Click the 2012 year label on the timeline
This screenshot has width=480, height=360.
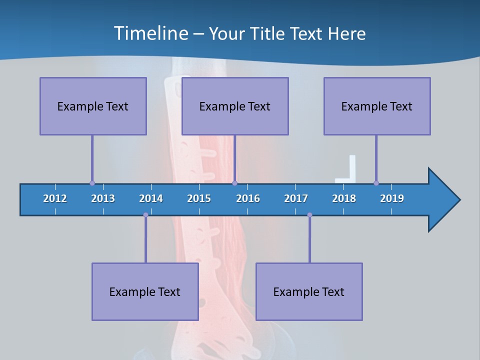tap(55, 198)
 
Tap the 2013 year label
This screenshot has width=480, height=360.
tap(103, 198)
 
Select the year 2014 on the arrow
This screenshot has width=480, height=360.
tap(151, 198)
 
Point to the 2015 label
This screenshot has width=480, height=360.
tap(199, 198)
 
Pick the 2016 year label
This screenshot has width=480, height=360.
tap(248, 198)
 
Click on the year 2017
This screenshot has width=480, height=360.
tap(296, 198)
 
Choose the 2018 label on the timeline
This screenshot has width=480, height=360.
tap(344, 198)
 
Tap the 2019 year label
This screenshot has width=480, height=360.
tap(392, 198)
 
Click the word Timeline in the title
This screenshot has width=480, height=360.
tap(150, 33)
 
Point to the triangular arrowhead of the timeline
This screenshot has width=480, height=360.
tap(442, 200)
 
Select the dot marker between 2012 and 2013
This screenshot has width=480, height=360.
tap(92, 183)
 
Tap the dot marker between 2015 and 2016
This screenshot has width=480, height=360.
tap(235, 183)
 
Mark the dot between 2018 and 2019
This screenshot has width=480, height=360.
tap(376, 183)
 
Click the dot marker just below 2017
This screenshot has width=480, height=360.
tap(309, 215)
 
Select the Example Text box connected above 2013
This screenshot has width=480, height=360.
tap(93, 106)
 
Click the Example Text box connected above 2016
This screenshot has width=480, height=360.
tap(235, 106)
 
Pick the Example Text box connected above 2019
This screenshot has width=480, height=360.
tap(377, 106)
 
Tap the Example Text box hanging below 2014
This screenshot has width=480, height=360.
tap(145, 291)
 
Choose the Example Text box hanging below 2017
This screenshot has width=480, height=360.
tap(309, 291)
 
